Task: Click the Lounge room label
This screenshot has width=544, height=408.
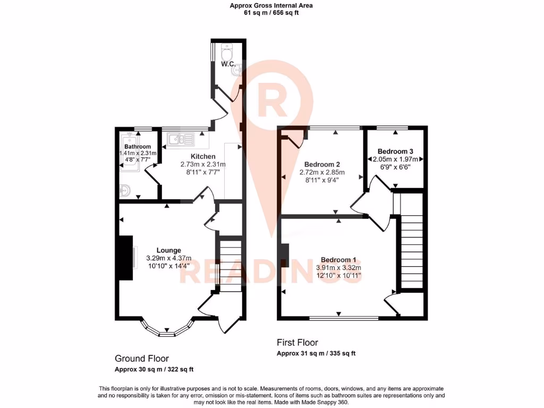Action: [168, 250]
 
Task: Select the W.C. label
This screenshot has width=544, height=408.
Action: [228, 64]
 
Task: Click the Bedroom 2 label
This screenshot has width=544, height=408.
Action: [322, 164]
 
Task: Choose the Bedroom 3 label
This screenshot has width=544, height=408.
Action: [395, 151]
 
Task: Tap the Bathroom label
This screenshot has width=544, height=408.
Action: [138, 147]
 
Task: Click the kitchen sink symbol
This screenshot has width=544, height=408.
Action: [181, 140]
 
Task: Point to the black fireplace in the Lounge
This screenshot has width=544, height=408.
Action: [125, 258]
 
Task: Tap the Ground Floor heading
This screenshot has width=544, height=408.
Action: [142, 359]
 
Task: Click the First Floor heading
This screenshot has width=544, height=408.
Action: [297, 343]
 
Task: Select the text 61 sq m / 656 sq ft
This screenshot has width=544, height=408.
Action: [271, 13]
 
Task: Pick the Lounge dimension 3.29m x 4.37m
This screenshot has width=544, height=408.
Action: [168, 258]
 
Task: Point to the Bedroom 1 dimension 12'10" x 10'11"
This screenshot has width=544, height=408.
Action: [338, 276]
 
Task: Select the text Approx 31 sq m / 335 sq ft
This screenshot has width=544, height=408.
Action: [316, 354]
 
